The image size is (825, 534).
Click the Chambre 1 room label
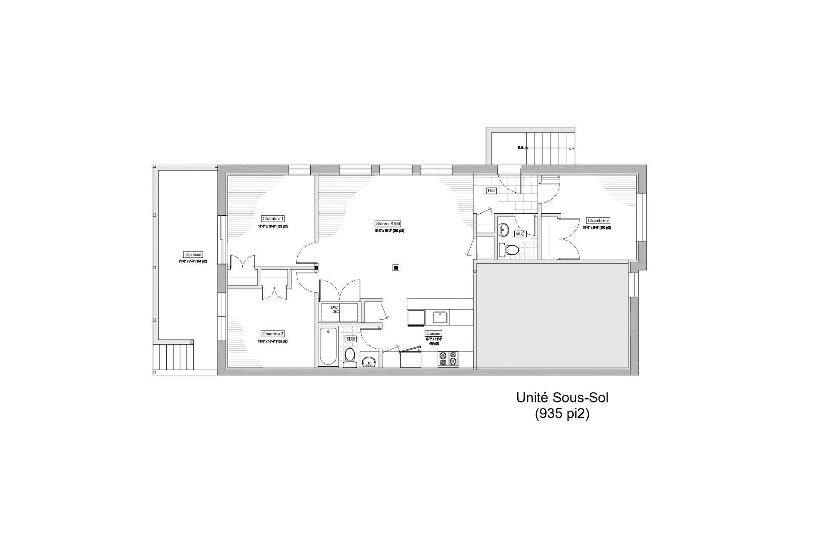pyautogui.click(x=273, y=218)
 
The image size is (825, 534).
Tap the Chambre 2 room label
pyautogui.click(x=273, y=334)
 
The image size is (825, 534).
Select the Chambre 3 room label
pyautogui.click(x=598, y=221)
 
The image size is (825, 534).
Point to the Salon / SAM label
pyautogui.click(x=388, y=224)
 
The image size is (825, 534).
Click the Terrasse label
pyautogui.click(x=192, y=255)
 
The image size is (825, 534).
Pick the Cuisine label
pyautogui.click(x=433, y=333)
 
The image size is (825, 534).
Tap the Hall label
pyautogui.click(x=491, y=190)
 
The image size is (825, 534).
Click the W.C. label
pyautogui.click(x=520, y=234)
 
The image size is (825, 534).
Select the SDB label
pyautogui.click(x=351, y=339)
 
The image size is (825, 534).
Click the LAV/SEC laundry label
pyautogui.click(x=335, y=310)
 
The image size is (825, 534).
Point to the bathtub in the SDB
pyautogui.click(x=328, y=346)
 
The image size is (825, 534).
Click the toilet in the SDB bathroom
pyautogui.click(x=350, y=358)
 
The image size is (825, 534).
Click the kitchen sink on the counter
pyautogui.click(x=440, y=317)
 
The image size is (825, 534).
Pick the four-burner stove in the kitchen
pyautogui.click(x=448, y=359)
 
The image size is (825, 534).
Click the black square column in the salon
pyautogui.click(x=396, y=267)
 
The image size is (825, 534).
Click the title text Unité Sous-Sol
pyautogui.click(x=562, y=398)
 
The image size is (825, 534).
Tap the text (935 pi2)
pyautogui.click(x=562, y=414)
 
